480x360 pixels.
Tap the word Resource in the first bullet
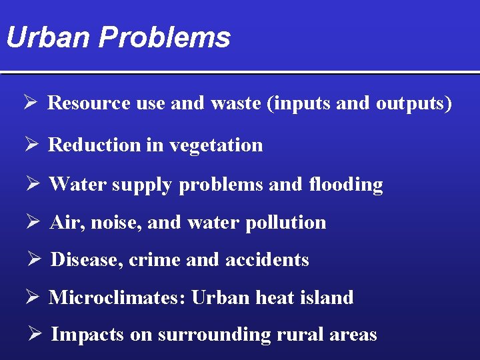tap(88, 103)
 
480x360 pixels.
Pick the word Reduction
tap(94, 145)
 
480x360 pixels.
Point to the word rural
tap(304, 335)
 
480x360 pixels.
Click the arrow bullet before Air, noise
tap(34, 222)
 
